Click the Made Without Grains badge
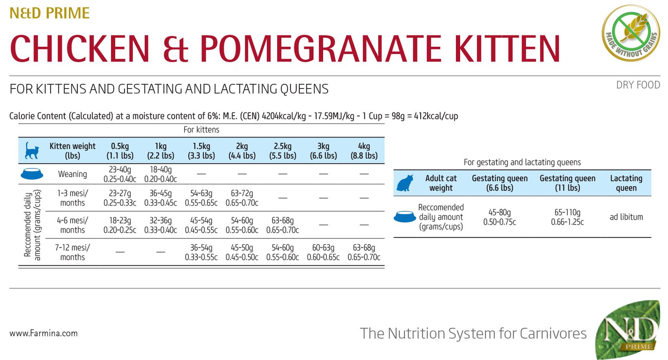tap(631, 33)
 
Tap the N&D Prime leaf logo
tap(628, 329)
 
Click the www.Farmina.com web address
tap(43, 333)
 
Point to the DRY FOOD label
tap(638, 85)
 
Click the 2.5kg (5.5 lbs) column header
tap(282, 151)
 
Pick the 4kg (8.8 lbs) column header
tap(364, 151)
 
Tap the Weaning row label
tap(73, 174)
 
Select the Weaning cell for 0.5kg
tap(120, 174)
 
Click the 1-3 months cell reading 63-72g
tap(242, 198)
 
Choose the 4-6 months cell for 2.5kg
tap(282, 225)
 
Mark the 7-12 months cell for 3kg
tap(323, 252)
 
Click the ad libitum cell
tap(626, 217)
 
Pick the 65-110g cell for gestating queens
tap(567, 217)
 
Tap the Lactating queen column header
tap(626, 183)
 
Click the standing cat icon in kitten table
tap(32, 150)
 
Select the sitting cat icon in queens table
tap(405, 183)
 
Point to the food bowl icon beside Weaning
tap(32, 174)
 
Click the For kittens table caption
tap(201, 130)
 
